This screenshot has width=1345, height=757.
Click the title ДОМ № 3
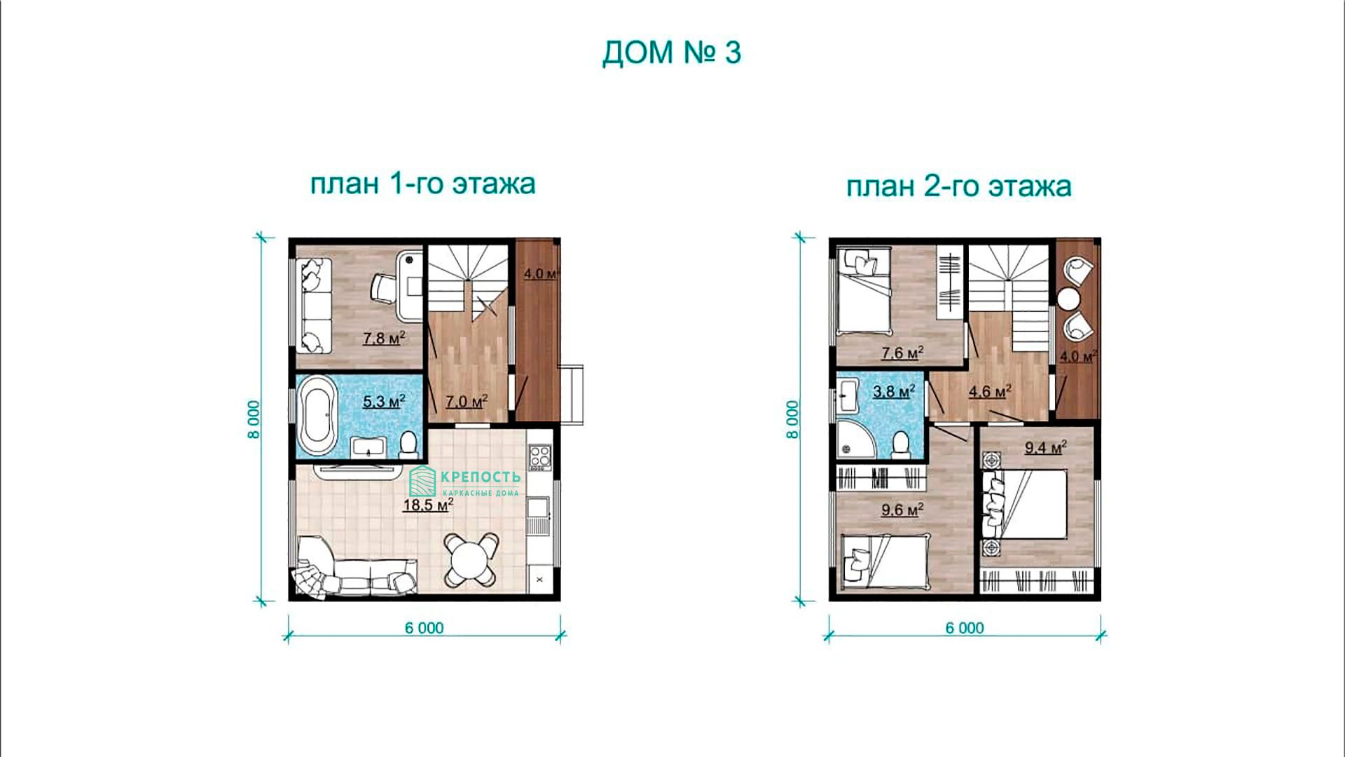(x=671, y=53)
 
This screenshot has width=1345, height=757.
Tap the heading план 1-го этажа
(x=422, y=184)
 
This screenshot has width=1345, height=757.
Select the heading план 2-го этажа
(x=958, y=186)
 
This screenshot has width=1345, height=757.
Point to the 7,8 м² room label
(x=384, y=339)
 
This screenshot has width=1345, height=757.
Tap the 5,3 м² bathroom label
(x=384, y=402)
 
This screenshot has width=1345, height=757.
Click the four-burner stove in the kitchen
(x=539, y=457)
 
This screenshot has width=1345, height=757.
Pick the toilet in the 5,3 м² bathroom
(x=408, y=444)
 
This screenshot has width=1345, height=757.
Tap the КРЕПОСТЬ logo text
(x=481, y=477)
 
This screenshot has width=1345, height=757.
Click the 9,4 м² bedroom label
(x=1045, y=447)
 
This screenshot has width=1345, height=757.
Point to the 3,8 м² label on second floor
(x=893, y=392)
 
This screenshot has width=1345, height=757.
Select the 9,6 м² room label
(x=902, y=510)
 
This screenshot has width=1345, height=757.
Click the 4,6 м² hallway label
(x=989, y=392)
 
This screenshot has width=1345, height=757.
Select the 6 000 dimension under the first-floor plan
(x=424, y=628)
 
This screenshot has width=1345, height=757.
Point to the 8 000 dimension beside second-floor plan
(x=792, y=419)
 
